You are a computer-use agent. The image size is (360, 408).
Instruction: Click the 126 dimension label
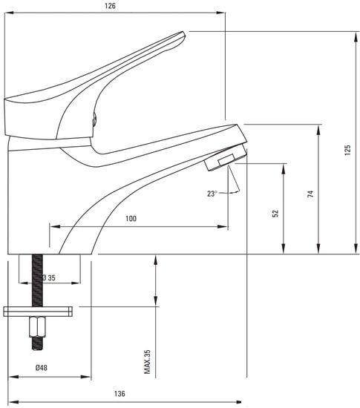[110, 6]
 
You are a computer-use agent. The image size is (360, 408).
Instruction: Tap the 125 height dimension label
[347, 150]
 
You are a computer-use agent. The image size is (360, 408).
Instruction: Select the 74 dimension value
[310, 194]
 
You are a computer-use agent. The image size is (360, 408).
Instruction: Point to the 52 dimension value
[275, 214]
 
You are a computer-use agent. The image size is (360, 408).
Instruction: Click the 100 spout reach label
[131, 218]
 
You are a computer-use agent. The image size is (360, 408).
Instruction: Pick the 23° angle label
[212, 194]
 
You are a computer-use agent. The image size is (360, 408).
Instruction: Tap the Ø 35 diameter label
[49, 277]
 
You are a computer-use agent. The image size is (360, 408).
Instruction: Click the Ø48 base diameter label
[42, 368]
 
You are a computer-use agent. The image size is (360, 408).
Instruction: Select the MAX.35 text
[147, 362]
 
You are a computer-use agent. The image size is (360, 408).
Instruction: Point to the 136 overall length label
[120, 393]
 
